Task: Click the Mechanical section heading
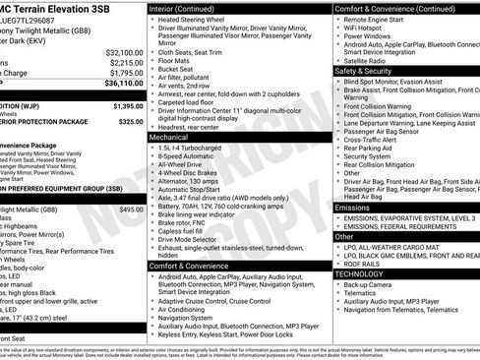[x=168, y=138]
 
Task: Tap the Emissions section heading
[x=353, y=208]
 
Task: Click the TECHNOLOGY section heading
[x=360, y=274]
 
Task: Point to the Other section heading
[x=344, y=236]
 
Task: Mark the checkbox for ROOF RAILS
[x=338, y=263]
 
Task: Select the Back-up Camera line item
[x=367, y=285]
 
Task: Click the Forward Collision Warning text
[x=385, y=105]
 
